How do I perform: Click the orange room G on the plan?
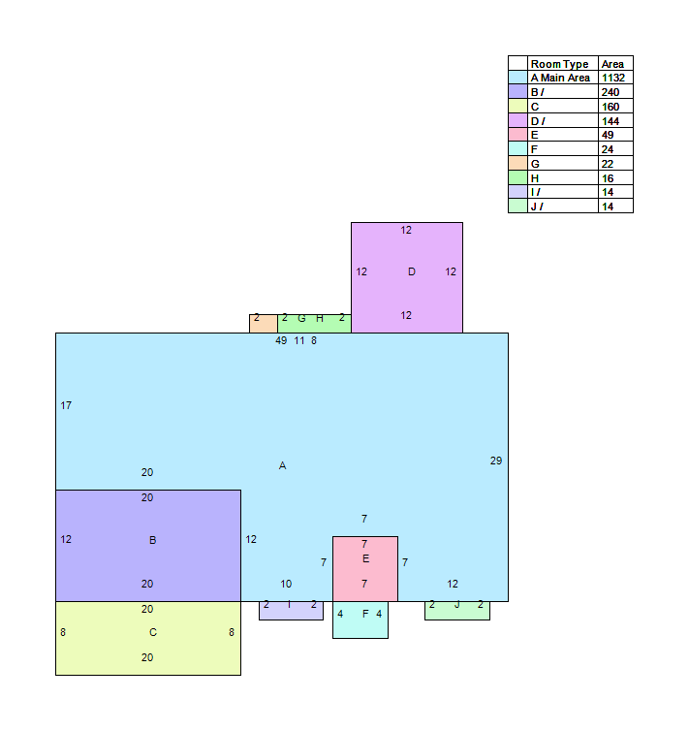tap(264, 324)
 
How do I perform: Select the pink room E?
tap(365, 569)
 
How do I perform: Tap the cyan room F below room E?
tap(360, 620)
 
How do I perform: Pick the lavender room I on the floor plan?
tap(291, 611)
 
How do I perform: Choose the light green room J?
tap(457, 611)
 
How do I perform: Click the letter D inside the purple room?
tap(412, 271)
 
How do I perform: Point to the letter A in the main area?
tap(282, 465)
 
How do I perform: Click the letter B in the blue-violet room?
tap(153, 540)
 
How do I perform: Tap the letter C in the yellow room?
tap(153, 633)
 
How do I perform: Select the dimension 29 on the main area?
tap(496, 461)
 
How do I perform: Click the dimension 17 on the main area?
tap(66, 405)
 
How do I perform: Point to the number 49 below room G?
tap(281, 341)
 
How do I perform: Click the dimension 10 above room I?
tap(286, 585)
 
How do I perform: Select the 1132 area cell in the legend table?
tap(613, 78)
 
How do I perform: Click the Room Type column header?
tap(559, 64)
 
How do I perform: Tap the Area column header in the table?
tap(612, 64)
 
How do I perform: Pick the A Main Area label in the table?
tap(560, 78)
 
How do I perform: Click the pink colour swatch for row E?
tap(517, 135)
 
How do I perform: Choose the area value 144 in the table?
tap(611, 121)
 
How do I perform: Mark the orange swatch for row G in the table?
tap(517, 163)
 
